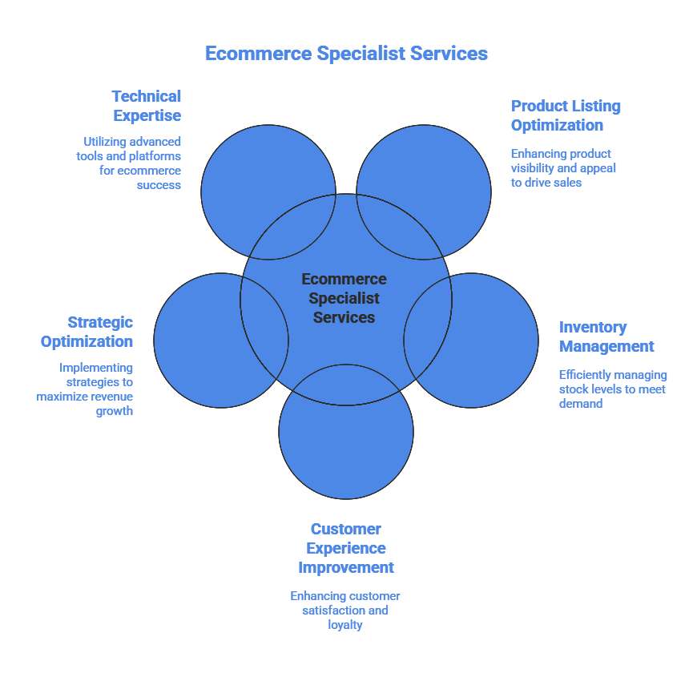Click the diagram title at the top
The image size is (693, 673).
click(x=346, y=54)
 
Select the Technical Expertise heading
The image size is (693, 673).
click(x=147, y=106)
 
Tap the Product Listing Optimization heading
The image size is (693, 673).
click(x=566, y=115)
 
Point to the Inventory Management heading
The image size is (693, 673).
click(x=606, y=336)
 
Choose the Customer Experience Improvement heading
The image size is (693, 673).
click(x=346, y=548)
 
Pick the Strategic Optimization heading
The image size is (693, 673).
click(x=87, y=332)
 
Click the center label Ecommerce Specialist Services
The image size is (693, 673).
click(x=344, y=298)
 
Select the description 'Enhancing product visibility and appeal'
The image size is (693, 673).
click(x=563, y=167)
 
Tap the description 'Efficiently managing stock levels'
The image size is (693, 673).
click(x=612, y=389)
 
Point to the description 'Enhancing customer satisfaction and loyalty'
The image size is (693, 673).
click(x=345, y=611)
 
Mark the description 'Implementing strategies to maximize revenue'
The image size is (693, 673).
click(x=85, y=389)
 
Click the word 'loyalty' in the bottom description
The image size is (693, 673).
click(x=345, y=625)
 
